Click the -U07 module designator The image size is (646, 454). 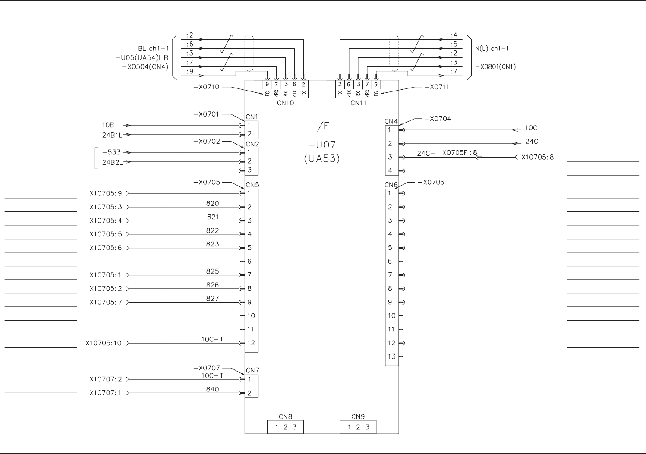(321, 145)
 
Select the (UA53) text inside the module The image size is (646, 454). (322, 158)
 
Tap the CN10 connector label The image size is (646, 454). (285, 103)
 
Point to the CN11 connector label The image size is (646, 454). (358, 103)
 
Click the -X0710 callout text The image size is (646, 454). (206, 87)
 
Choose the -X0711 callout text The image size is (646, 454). (437, 87)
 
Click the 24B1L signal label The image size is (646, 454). (112, 135)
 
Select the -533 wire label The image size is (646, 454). (111, 152)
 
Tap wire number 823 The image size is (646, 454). (213, 244)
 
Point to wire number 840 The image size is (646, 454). (213, 389)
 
